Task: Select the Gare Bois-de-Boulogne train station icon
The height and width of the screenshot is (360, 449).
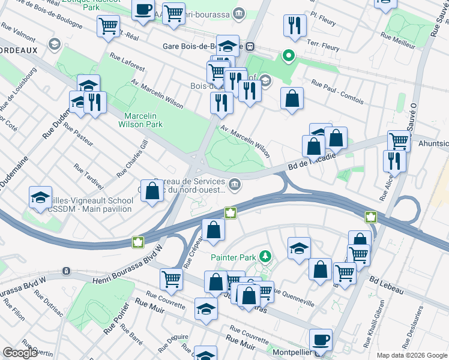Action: [249, 46]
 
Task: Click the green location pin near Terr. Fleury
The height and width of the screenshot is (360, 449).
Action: [288, 57]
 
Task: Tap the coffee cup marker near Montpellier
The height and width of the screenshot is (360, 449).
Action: [320, 339]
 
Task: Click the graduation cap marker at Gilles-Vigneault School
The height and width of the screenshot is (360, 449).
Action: [40, 197]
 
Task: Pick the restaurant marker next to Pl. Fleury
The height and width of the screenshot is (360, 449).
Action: [295, 25]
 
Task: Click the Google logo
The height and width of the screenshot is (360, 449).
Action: [20, 353]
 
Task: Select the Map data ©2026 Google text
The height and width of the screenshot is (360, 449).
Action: [411, 355]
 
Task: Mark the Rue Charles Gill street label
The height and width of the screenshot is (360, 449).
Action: [132, 158]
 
